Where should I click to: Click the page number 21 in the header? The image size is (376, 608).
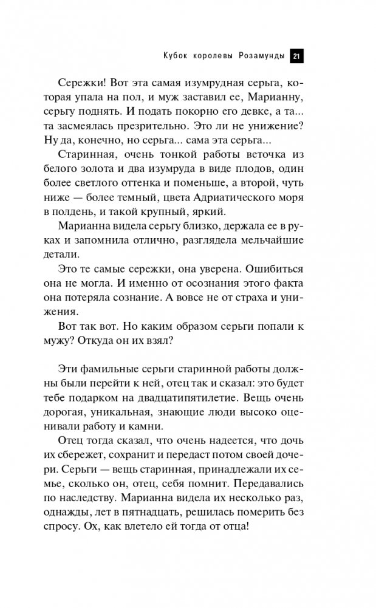click(296, 56)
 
